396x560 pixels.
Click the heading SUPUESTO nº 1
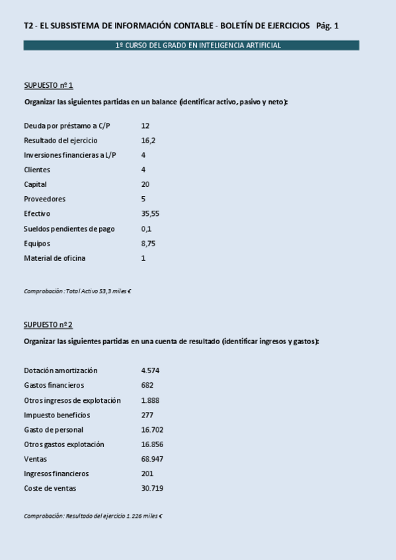tap(48, 85)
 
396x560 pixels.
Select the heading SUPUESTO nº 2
tap(48, 324)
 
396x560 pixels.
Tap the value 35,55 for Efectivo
tap(150, 214)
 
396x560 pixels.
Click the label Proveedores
tap(44, 199)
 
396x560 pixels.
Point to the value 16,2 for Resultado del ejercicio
tap(148, 141)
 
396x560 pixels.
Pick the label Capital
tap(35, 185)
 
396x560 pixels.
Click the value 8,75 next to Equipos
tap(148, 244)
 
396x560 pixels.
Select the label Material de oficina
tap(54, 258)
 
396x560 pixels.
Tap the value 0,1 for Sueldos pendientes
tap(146, 229)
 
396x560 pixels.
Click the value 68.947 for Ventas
tap(152, 459)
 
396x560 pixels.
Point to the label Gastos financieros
tap(54, 386)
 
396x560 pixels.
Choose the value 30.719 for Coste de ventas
tap(152, 489)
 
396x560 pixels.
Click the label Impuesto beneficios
tap(57, 415)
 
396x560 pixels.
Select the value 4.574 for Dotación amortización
tap(150, 370)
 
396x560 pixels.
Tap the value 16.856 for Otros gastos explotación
tap(152, 444)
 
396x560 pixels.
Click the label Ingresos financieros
tap(56, 473)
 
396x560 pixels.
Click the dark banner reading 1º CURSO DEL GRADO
tap(191, 46)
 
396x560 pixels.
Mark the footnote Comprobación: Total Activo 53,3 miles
tap(77, 291)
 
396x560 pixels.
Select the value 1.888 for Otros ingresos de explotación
tap(150, 400)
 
